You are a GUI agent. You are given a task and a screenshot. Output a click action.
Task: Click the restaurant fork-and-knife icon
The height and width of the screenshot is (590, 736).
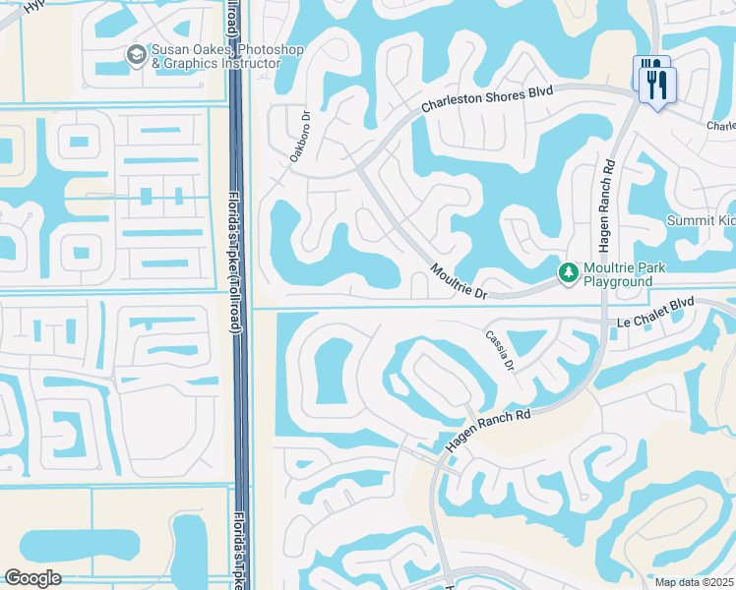pos(655,81)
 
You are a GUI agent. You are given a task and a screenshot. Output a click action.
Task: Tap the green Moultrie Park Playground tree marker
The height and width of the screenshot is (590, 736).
pos(567,271)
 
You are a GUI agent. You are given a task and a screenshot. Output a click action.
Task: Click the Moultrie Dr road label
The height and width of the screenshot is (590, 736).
pos(459,280)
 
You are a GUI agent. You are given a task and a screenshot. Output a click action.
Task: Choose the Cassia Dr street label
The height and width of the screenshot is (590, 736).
pos(500,349)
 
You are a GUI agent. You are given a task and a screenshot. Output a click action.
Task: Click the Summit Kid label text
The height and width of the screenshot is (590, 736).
pos(700,219)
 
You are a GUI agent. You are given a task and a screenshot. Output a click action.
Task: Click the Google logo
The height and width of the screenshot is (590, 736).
pos(32,577)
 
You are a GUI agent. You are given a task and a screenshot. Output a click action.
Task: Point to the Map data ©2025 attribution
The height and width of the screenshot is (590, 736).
pos(695,582)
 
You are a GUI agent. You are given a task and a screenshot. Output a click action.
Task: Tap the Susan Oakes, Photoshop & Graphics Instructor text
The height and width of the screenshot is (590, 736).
pos(215,57)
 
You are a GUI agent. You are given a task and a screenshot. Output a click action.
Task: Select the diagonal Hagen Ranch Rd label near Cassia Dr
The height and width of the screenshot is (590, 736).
pos(488,430)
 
